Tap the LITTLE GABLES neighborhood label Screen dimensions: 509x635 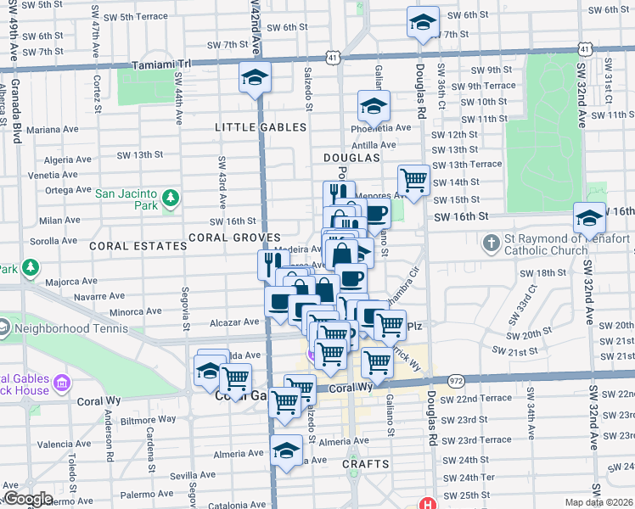pos(261,127)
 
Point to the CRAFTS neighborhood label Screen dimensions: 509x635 pos(366,464)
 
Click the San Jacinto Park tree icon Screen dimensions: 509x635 pos(171,198)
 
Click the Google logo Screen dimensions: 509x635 pos(28,499)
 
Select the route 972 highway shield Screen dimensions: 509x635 pos(457,383)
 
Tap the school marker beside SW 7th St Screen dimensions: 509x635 pos(422,23)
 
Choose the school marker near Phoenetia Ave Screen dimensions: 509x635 pos(373,106)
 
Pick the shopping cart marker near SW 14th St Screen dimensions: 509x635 pos(413,180)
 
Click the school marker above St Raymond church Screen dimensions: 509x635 pos(589,218)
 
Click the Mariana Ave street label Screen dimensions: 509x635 pos(51,130)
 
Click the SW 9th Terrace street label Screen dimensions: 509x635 pos(484,86)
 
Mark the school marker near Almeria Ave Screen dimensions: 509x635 pos(286,450)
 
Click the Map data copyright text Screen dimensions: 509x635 pos(599,502)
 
